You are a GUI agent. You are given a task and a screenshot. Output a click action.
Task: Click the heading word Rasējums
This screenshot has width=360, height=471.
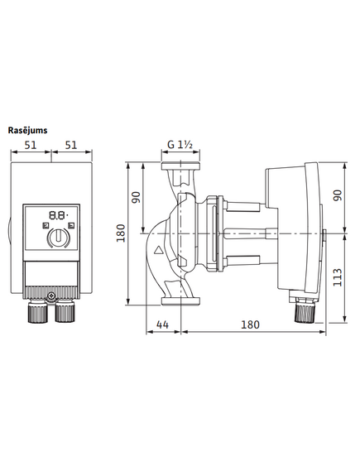click(27, 131)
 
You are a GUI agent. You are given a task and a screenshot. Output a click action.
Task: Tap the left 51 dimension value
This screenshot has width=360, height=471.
click(31, 145)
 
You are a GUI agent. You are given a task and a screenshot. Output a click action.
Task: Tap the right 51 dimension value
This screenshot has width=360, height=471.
click(71, 145)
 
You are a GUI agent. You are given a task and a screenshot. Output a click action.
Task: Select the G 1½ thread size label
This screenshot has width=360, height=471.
click(180, 145)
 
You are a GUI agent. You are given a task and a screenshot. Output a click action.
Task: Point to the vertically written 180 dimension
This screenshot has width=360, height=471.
click(121, 233)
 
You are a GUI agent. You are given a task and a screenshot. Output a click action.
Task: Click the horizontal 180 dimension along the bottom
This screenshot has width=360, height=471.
click(250, 324)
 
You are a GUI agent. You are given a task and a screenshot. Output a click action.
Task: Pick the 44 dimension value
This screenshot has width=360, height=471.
click(162, 324)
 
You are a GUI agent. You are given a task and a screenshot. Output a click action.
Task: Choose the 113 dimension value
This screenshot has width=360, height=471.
click(338, 277)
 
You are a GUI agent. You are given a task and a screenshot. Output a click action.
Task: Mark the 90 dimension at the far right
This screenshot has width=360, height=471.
click(338, 195)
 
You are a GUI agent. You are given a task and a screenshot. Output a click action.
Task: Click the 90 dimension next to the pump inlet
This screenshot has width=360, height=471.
click(137, 197)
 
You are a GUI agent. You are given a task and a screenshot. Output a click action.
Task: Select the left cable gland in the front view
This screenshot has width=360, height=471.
click(37, 312)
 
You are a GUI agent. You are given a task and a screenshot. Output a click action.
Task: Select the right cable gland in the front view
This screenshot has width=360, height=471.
click(65, 312)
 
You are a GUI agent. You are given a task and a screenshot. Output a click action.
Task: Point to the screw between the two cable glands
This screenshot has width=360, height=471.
click(51, 296)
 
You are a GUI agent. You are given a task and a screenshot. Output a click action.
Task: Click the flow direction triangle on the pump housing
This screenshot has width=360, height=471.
click(158, 250)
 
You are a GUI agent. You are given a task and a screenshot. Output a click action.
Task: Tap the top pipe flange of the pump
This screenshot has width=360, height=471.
click(180, 166)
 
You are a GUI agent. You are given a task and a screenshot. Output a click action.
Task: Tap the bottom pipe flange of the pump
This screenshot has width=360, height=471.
click(180, 301)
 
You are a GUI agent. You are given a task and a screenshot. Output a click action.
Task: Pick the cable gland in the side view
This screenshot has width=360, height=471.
click(305, 313)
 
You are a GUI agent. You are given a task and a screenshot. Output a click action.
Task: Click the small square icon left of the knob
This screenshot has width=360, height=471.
click(46, 225)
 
